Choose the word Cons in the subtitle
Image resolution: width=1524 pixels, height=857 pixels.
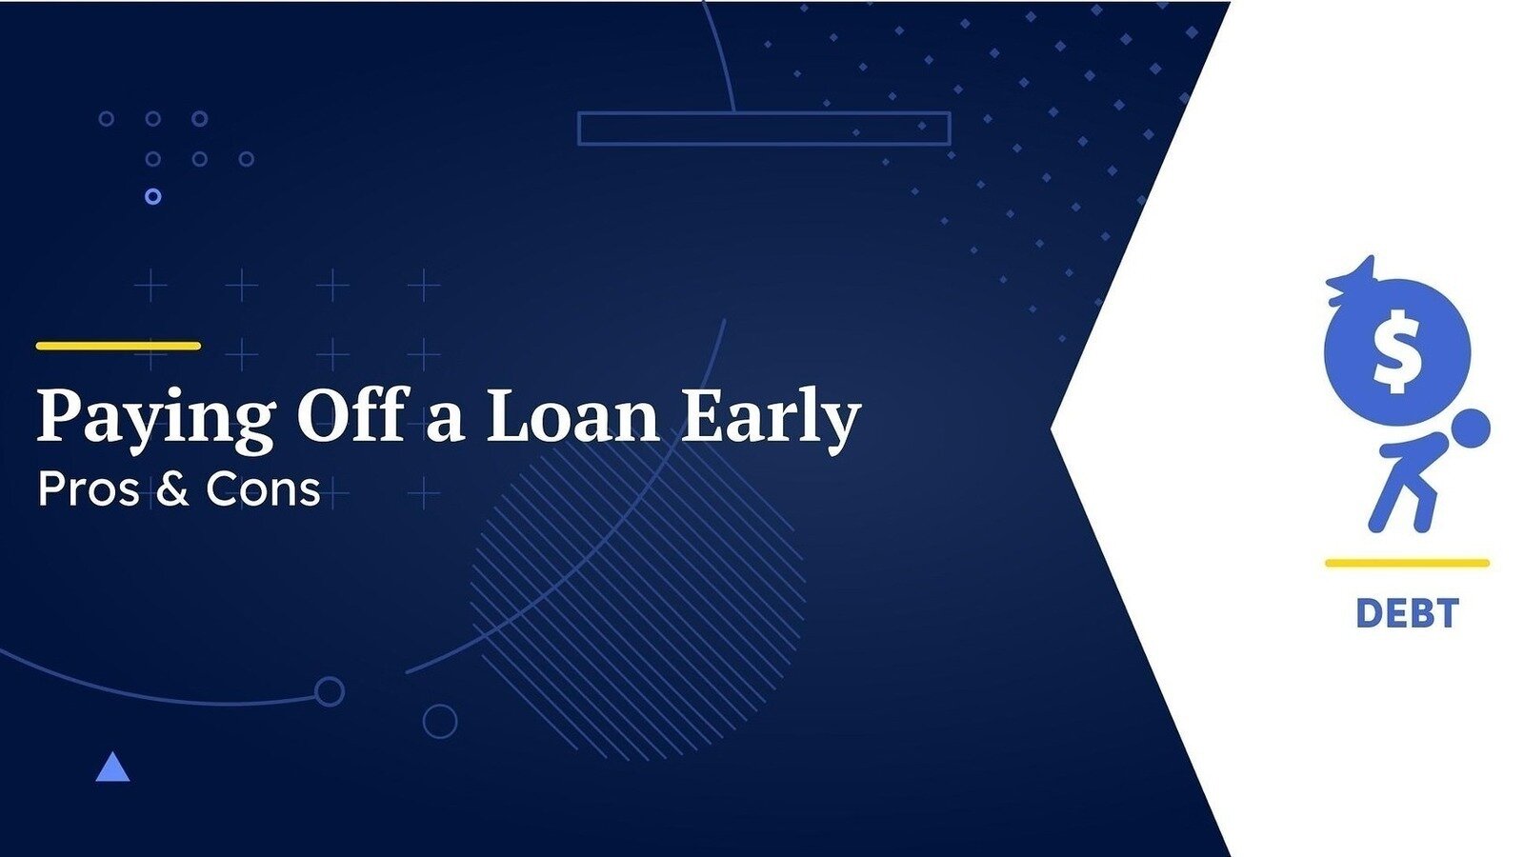263,489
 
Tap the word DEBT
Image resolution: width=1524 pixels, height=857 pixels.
1407,613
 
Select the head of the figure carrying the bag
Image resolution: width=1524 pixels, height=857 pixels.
1471,428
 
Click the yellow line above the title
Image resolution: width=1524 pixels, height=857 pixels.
118,346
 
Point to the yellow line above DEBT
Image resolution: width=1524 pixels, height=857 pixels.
1407,563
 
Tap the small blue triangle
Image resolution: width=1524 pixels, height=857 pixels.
112,767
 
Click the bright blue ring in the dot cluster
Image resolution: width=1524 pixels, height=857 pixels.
153,196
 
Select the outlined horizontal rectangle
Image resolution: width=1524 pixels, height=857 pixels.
763,113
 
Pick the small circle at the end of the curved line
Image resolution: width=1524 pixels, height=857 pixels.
330,691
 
